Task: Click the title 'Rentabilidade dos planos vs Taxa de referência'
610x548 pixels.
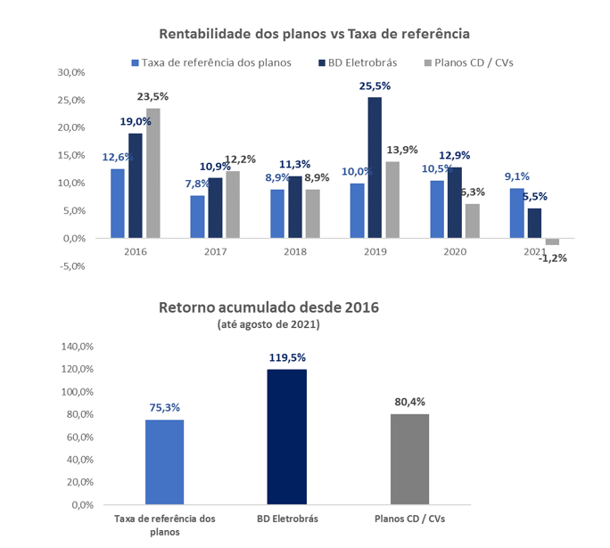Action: click(x=314, y=34)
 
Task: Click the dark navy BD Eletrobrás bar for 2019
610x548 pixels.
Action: click(x=375, y=168)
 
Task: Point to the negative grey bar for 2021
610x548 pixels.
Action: click(x=553, y=241)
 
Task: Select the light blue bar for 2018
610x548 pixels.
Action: click(x=277, y=214)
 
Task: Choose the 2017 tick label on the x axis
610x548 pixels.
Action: click(x=215, y=252)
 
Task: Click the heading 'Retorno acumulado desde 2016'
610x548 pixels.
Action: click(x=268, y=308)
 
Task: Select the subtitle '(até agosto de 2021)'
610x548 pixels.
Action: click(x=268, y=325)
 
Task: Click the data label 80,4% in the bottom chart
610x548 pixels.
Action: click(x=409, y=402)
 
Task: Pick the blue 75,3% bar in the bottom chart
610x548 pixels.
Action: click(x=164, y=462)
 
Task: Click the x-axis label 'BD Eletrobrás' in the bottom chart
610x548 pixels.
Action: click(x=287, y=519)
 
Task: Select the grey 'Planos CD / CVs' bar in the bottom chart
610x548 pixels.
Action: click(x=409, y=459)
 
